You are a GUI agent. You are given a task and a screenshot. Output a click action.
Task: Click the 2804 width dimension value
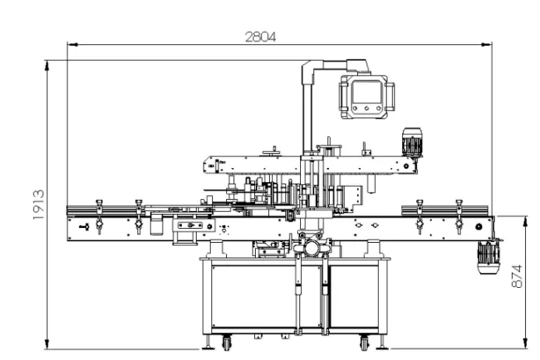click(260, 37)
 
